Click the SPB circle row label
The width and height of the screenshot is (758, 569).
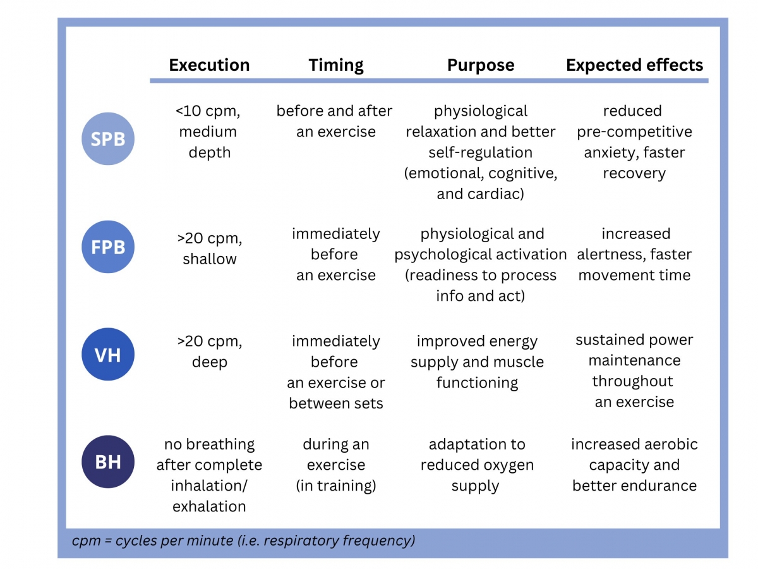coord(108,138)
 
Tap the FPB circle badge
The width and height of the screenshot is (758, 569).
coord(108,247)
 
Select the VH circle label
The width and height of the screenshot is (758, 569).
coord(108,355)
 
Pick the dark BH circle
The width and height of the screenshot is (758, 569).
coord(108,462)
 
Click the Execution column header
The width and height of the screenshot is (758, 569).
coord(209,65)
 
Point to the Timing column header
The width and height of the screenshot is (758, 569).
coord(336,65)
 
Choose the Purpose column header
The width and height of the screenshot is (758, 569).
coord(480,65)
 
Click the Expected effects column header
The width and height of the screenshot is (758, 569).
coord(634,65)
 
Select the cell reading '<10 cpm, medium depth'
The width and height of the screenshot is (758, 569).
coord(209,132)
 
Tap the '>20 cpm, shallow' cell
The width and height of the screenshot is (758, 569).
coord(209,248)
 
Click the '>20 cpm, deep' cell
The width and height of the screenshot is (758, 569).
coord(209,352)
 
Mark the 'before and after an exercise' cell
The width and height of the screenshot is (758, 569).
coord(334,121)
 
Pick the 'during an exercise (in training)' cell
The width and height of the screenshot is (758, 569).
coord(336,465)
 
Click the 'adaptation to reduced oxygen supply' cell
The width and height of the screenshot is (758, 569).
coord(477,465)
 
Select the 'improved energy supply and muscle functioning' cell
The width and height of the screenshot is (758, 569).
coord(477,362)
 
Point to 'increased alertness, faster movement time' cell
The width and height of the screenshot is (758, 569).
coord(634,255)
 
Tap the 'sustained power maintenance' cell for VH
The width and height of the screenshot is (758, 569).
coord(634,371)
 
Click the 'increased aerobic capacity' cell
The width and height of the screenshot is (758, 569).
coord(634,465)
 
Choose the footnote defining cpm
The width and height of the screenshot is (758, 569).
coord(243,541)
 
